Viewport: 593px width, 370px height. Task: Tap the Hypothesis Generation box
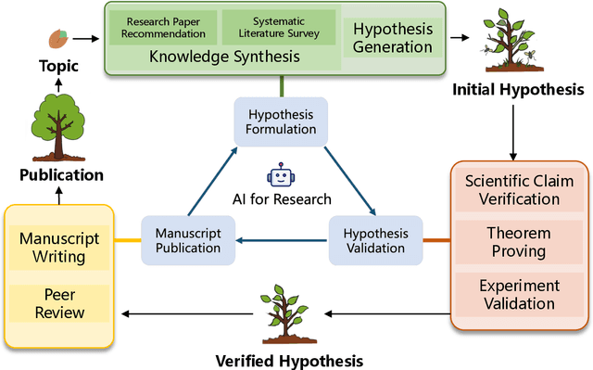(x=392, y=38)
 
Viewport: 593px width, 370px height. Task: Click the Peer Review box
(x=59, y=304)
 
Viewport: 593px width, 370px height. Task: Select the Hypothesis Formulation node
(x=279, y=121)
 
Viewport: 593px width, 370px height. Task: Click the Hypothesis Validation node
(x=375, y=240)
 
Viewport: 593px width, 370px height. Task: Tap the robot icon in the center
(x=279, y=175)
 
